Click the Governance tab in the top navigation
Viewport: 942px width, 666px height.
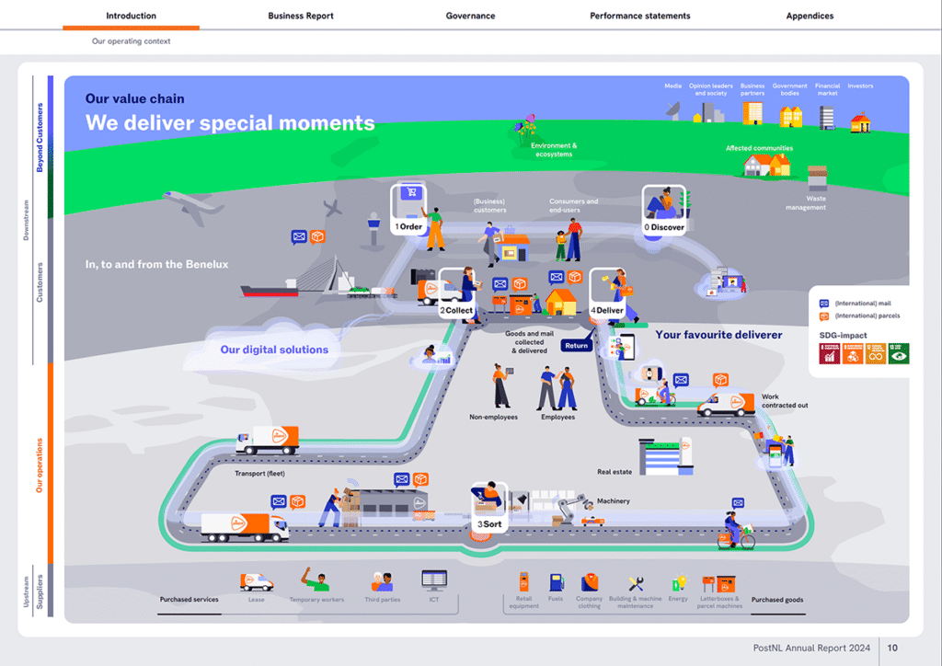pos(470,16)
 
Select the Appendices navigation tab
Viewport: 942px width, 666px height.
pos(810,16)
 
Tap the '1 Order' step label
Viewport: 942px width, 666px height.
pos(408,226)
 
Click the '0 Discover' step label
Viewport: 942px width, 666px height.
pos(664,226)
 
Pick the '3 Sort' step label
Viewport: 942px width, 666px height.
pos(489,524)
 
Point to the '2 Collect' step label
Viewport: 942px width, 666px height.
pos(456,310)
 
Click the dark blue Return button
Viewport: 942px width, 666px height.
pos(577,346)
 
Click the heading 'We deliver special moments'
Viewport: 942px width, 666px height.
pos(230,122)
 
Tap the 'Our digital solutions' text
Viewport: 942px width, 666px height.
pos(274,350)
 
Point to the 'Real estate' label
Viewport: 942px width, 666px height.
pos(615,472)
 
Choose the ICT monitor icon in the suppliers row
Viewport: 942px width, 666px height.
pos(433,580)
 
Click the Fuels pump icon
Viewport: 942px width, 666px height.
pos(556,581)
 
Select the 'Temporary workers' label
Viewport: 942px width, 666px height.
pos(316,600)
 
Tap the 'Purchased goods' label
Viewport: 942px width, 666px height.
pos(777,600)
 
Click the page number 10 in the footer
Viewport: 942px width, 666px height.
pos(892,649)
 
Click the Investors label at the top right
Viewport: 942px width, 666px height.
pos(860,86)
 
